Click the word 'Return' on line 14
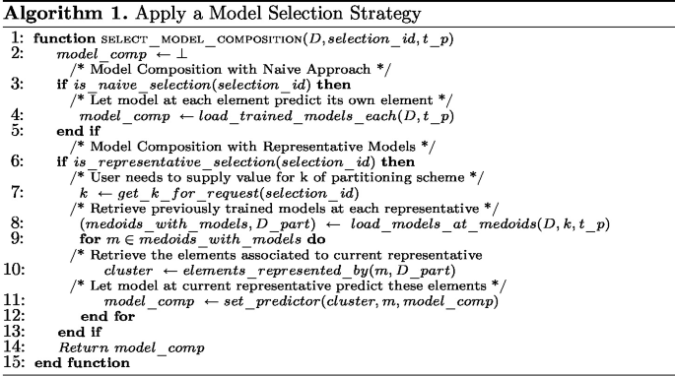pos(80,347)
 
